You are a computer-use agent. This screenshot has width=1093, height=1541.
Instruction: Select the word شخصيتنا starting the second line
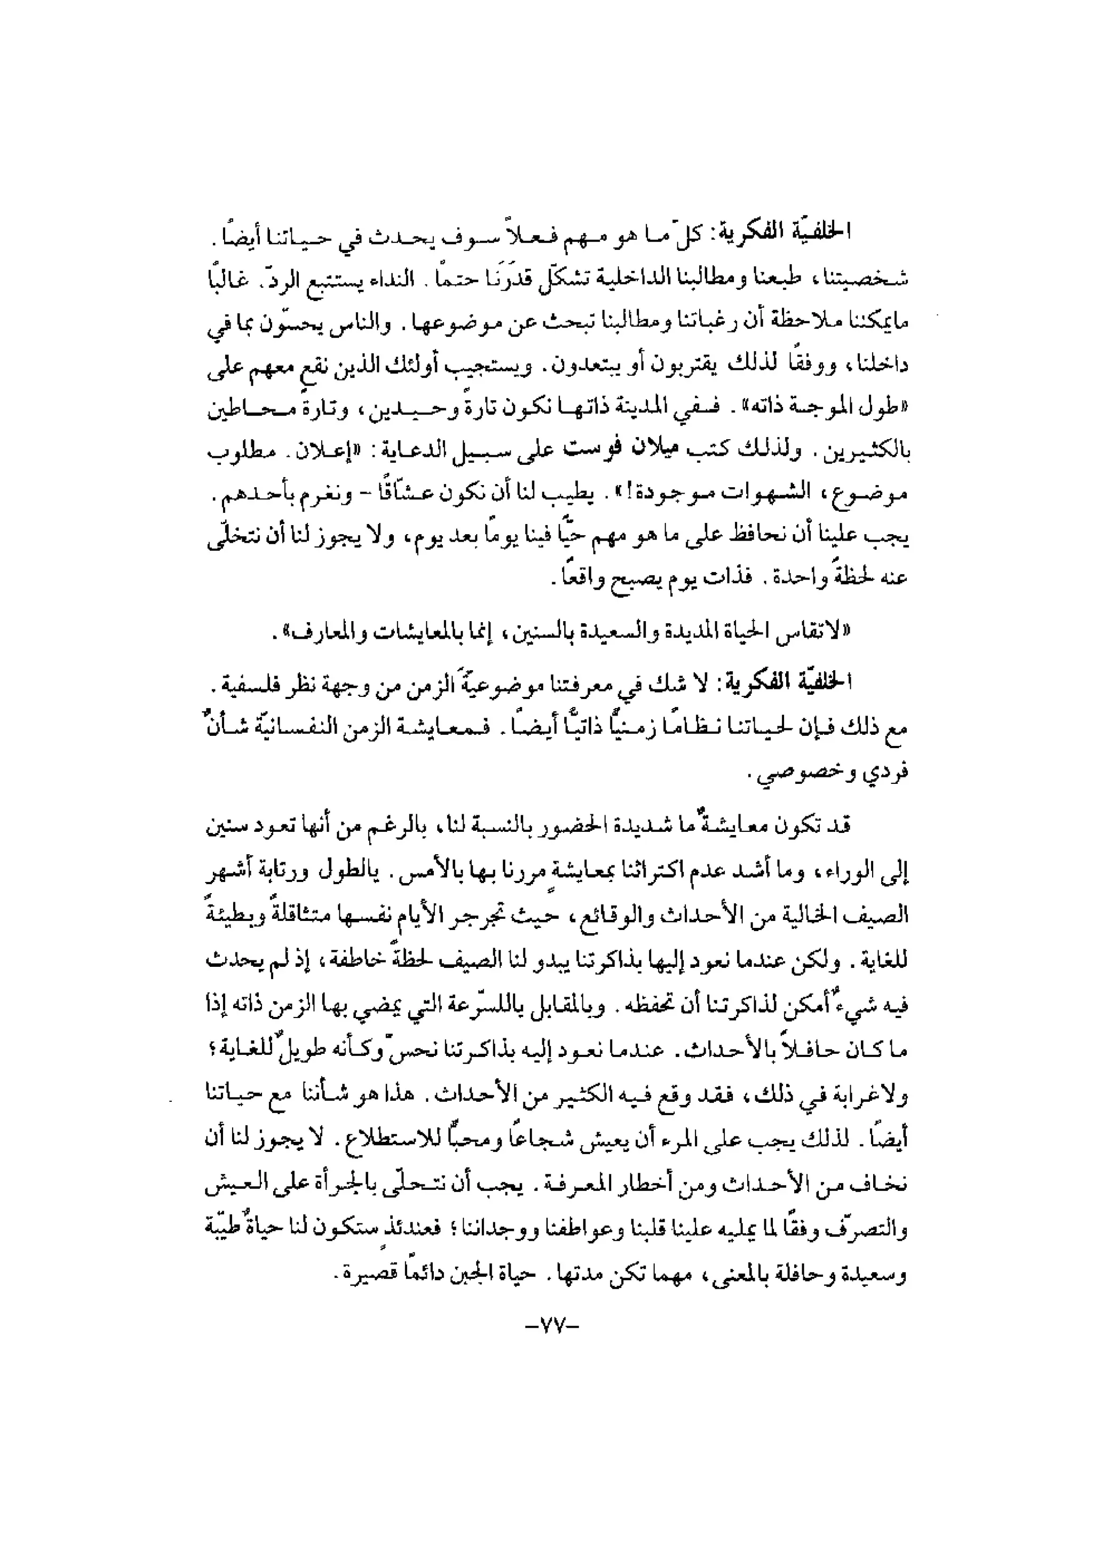tap(872, 278)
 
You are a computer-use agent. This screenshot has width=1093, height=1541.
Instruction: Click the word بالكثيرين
tap(874, 451)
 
